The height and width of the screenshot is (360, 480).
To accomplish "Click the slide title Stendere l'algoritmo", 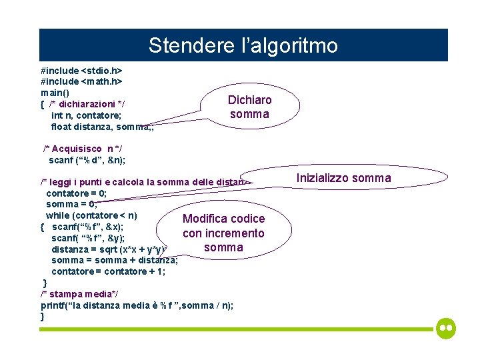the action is point(243,45).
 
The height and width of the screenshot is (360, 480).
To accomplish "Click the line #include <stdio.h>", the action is point(82,70).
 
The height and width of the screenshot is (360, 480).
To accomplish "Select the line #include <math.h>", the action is point(81,81).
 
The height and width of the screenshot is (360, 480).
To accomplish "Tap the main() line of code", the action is point(55,93).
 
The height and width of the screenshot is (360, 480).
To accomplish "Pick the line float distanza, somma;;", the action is point(102,127).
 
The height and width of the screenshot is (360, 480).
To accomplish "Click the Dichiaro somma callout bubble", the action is point(250,107).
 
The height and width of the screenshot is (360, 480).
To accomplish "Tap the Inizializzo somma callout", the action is point(343,178).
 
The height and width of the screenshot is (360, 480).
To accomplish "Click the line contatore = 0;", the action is point(76,193).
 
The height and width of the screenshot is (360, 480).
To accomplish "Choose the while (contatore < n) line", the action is point(91,215).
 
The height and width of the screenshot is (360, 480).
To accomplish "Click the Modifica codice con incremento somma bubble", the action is point(223,233).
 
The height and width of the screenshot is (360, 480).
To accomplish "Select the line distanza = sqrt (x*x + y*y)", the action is point(113,249).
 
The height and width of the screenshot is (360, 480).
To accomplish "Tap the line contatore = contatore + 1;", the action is point(108,271).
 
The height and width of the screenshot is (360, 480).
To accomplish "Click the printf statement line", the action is point(137,305).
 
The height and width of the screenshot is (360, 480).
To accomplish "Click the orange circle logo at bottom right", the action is point(446,329).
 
